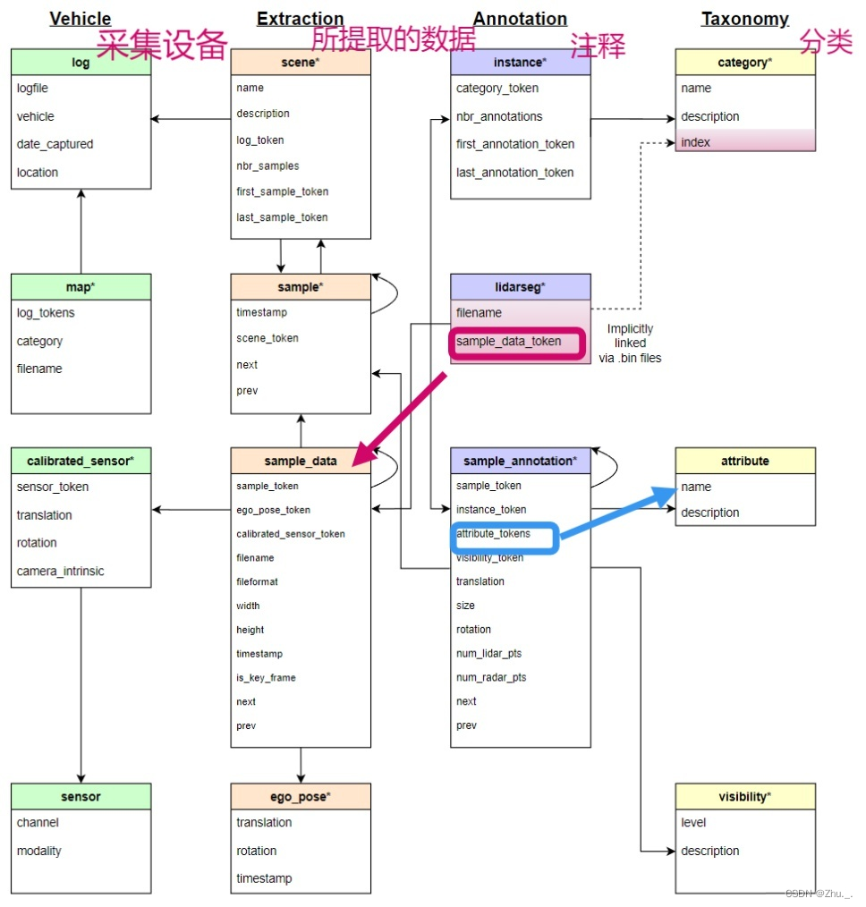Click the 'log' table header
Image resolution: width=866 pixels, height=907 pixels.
pyautogui.click(x=81, y=63)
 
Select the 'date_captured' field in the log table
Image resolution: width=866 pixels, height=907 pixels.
pyautogui.click(x=55, y=144)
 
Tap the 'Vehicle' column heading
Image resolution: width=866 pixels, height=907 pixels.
pyautogui.click(x=81, y=19)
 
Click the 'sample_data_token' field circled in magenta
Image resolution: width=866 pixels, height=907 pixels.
pyautogui.click(x=509, y=342)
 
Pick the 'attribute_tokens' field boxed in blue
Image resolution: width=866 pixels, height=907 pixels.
pyautogui.click(x=493, y=534)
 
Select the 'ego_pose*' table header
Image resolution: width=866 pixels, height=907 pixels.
pyautogui.click(x=301, y=796)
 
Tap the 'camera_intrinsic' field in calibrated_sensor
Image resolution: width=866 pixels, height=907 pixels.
pyautogui.click(x=60, y=571)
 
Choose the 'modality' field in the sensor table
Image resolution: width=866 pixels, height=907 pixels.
pyautogui.click(x=39, y=851)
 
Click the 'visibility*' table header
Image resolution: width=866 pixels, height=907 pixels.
pyautogui.click(x=745, y=796)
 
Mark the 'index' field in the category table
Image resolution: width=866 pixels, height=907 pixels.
pyautogui.click(x=695, y=142)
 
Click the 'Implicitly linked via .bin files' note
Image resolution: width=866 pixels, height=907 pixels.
pyautogui.click(x=630, y=343)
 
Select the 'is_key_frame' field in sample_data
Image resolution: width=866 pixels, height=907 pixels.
pyautogui.click(x=266, y=677)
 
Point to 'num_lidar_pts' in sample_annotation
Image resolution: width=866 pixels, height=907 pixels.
pyautogui.click(x=489, y=653)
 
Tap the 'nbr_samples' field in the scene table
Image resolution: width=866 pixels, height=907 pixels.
pyautogui.click(x=267, y=165)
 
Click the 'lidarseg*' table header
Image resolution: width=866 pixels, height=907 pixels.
pyautogui.click(x=520, y=286)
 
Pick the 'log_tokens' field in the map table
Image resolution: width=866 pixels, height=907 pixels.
pyautogui.click(x=46, y=312)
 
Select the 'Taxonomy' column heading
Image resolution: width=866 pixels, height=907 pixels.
pyautogui.click(x=745, y=19)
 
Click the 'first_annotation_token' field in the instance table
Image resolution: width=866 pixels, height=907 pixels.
pyautogui.click(x=515, y=144)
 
